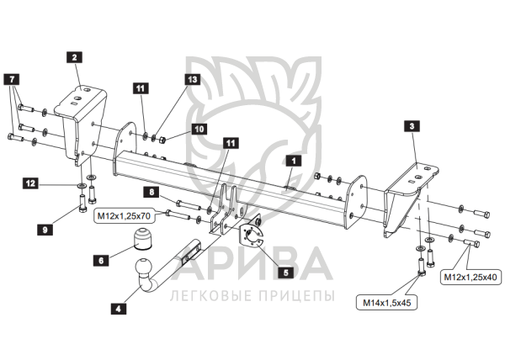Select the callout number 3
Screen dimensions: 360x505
pyautogui.click(x=411, y=126)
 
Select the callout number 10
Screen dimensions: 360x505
pyautogui.click(x=199, y=130)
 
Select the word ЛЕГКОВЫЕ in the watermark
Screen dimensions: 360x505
pyautogui.click(x=205, y=297)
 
